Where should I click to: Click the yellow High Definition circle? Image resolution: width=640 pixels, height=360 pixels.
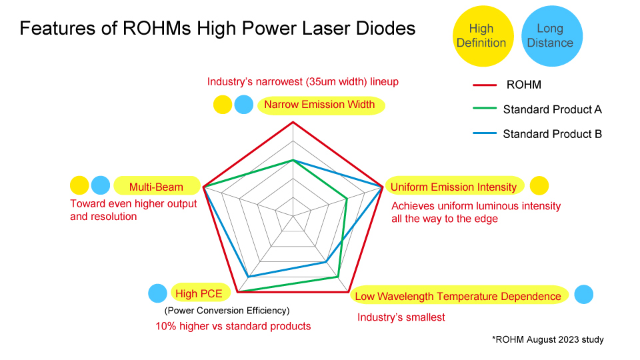coord(483,36)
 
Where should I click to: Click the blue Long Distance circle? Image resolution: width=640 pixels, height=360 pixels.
coord(552,36)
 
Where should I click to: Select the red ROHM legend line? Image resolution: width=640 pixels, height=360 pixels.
coord(485,85)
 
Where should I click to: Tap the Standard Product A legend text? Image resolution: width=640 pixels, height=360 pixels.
coord(552,109)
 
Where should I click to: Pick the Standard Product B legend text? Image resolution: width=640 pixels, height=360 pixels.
coord(552,134)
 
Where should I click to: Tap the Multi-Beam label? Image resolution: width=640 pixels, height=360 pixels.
coord(157,187)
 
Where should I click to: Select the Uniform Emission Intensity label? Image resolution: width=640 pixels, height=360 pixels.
coord(454,187)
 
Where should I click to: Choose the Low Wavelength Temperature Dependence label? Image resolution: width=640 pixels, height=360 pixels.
coord(459,296)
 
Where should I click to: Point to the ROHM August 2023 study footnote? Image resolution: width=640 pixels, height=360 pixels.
coord(548,339)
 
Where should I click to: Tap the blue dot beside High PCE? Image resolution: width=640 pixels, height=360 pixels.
coord(157,293)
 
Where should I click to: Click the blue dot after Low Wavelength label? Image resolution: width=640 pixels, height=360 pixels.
coord(584,294)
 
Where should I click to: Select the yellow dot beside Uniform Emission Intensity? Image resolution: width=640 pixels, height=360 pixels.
coord(539,186)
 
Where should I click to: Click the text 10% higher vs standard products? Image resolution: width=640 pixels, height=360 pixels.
coord(233,326)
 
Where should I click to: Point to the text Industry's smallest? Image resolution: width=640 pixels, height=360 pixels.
coord(401,317)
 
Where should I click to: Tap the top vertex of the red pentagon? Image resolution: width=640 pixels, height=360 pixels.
coord(293,122)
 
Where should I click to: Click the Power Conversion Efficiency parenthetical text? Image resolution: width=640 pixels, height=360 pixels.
coord(227,311)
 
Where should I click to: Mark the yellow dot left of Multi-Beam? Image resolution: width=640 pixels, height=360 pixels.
coord(79,185)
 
